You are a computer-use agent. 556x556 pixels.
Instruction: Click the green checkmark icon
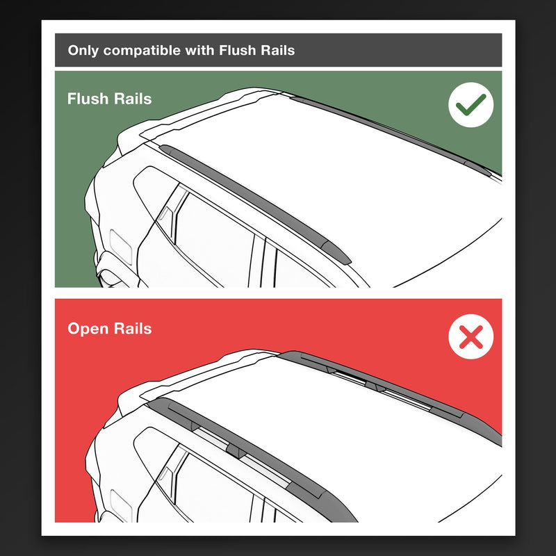pyautogui.click(x=471, y=105)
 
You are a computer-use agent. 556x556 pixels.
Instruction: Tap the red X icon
pyautogui.click(x=471, y=336)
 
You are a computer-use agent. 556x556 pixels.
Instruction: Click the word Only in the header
pyautogui.click(x=83, y=50)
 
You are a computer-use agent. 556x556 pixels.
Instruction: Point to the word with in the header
pyautogui.click(x=200, y=50)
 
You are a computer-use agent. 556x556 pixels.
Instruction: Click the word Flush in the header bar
pyautogui.click(x=237, y=50)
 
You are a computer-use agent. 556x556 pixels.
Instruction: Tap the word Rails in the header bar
pyautogui.click(x=277, y=50)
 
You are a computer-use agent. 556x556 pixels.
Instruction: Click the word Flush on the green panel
pyautogui.click(x=88, y=99)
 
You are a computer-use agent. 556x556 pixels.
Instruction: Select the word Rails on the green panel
pyautogui.click(x=133, y=99)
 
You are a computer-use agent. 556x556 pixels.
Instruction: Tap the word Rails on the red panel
pyautogui.click(x=133, y=328)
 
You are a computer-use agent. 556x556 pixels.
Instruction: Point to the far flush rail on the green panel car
pyautogui.click(x=390, y=134)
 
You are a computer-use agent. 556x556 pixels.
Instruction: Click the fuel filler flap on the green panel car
pyautogui.click(x=121, y=247)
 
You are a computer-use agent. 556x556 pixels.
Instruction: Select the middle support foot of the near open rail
pyautogui.click(x=234, y=450)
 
